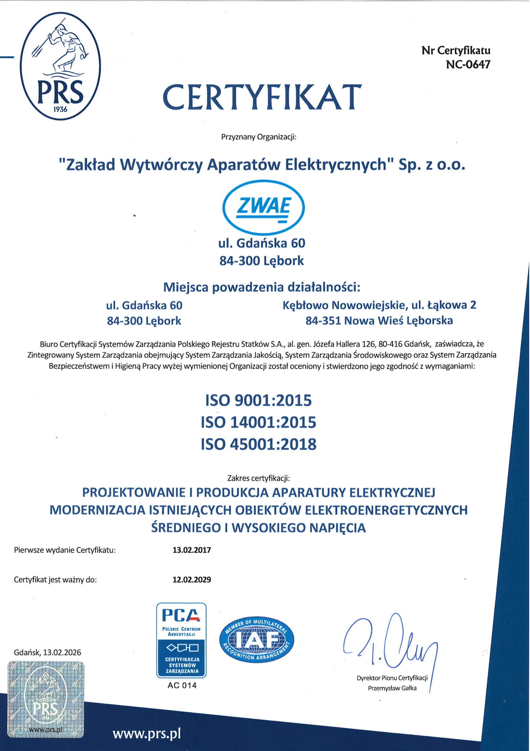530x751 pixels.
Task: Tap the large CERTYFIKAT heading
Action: (x=262, y=98)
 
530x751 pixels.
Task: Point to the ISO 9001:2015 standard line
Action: (x=258, y=400)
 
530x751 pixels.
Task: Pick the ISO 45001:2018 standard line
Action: (x=258, y=444)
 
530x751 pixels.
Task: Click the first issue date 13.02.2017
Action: (x=192, y=550)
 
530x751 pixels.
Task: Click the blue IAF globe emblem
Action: (x=257, y=640)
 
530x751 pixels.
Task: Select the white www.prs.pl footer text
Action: (x=147, y=734)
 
